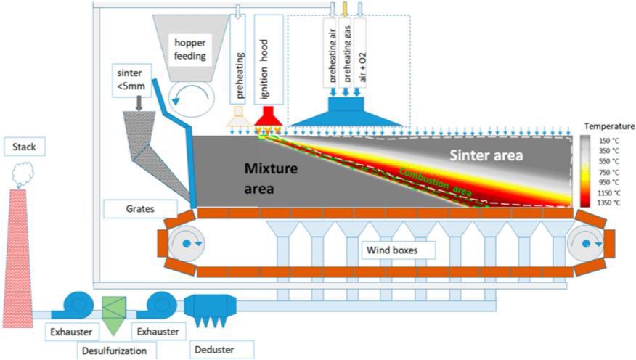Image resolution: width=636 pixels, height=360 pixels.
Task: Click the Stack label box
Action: tap(25, 147)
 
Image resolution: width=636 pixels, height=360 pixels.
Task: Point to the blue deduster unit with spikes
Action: tap(210, 310)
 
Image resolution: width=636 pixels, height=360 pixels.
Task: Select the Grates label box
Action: tap(140, 209)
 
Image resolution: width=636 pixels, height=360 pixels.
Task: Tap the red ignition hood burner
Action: tap(268, 117)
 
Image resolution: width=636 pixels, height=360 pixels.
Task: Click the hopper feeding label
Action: tap(189, 49)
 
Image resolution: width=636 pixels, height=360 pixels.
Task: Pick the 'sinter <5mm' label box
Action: tap(131, 80)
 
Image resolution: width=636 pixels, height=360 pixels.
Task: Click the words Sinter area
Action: tap(486, 155)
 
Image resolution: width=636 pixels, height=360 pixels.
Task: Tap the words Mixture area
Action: tap(271, 179)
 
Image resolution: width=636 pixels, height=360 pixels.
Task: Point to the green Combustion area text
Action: tap(435, 182)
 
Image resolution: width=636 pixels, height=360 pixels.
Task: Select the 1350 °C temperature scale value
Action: tap(610, 202)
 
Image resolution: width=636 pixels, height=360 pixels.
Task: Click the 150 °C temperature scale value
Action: tap(610, 140)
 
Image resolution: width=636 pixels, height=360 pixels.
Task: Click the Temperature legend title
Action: tap(609, 126)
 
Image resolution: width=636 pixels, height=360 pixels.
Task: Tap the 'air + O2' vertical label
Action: tap(362, 67)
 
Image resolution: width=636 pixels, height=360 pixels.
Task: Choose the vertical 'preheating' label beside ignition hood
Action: tap(240, 75)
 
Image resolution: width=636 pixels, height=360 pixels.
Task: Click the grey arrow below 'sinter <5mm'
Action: tap(139, 103)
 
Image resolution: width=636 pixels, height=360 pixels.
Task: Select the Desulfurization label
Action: tap(115, 351)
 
